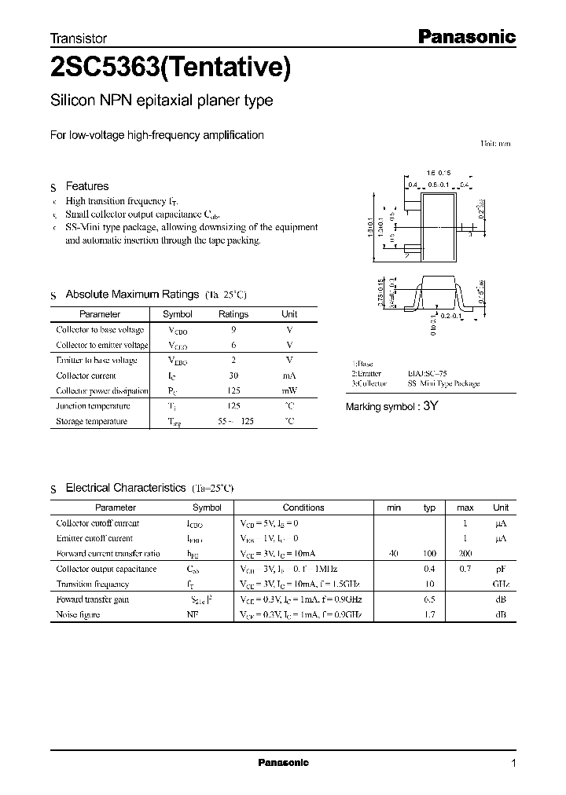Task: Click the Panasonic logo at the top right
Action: tap(465, 36)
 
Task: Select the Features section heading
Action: tap(86, 186)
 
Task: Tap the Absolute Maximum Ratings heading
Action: tap(131, 294)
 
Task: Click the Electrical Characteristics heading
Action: tap(125, 488)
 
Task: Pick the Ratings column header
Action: tap(233, 314)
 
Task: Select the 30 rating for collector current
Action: tap(233, 376)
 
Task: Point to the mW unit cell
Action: tap(289, 390)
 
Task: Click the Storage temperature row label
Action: tap(91, 421)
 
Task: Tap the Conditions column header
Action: tap(303, 507)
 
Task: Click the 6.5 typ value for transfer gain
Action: tap(429, 599)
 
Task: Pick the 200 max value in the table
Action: tap(465, 554)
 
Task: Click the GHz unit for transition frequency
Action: tap(501, 584)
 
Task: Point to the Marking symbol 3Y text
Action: tap(391, 407)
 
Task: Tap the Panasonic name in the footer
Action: tap(283, 763)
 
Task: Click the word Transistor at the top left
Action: tap(79, 38)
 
